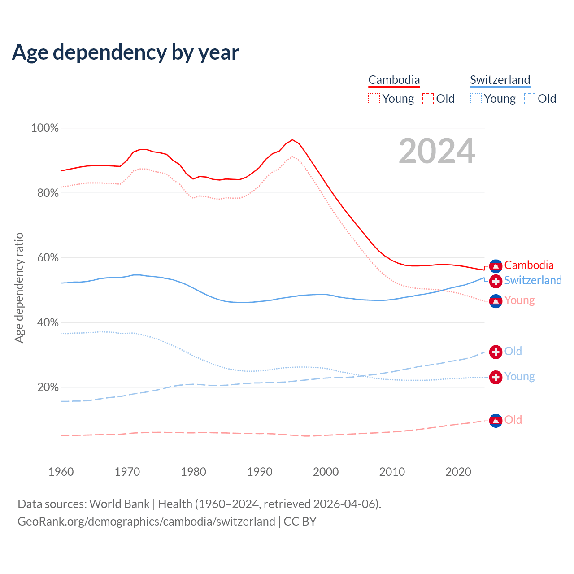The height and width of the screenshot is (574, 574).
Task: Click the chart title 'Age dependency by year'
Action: pyautogui.click(x=126, y=52)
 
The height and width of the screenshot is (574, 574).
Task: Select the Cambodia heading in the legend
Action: pyautogui.click(x=394, y=80)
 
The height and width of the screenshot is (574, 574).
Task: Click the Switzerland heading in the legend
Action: pyautogui.click(x=500, y=80)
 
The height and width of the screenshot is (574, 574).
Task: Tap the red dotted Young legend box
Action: pyautogui.click(x=374, y=99)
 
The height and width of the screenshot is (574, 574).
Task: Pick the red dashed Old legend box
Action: pyautogui.click(x=428, y=99)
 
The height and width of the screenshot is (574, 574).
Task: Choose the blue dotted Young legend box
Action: pyautogui.click(x=476, y=99)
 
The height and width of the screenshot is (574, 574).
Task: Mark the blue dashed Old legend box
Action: pyautogui.click(x=530, y=99)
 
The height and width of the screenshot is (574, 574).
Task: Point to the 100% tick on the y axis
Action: pyautogui.click(x=45, y=128)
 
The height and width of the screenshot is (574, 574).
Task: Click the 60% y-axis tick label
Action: pyautogui.click(x=47, y=258)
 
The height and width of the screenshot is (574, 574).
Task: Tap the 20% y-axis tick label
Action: pyautogui.click(x=47, y=387)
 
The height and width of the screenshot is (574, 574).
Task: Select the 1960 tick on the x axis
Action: pyautogui.click(x=61, y=472)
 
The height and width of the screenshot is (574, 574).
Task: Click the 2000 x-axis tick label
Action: pyautogui.click(x=326, y=472)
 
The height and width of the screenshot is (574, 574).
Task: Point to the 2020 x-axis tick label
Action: pyautogui.click(x=458, y=472)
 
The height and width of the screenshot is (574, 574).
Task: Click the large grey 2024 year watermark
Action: pyautogui.click(x=437, y=152)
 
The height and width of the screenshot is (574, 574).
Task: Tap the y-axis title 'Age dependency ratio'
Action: pyautogui.click(x=19, y=287)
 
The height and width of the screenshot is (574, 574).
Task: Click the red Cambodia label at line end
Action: pyautogui.click(x=529, y=265)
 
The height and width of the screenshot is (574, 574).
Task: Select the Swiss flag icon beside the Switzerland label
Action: pyautogui.click(x=496, y=281)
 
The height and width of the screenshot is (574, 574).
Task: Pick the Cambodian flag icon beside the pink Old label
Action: pyautogui.click(x=496, y=421)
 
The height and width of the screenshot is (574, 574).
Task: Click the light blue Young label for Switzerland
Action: pyautogui.click(x=519, y=376)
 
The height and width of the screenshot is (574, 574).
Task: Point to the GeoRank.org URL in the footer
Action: pyautogui.click(x=146, y=522)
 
